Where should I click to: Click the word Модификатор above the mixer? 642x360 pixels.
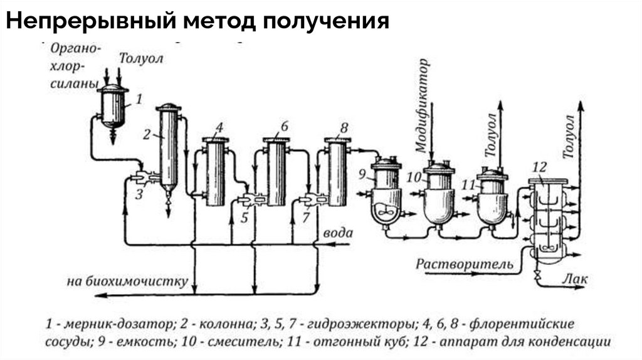(x=423, y=105)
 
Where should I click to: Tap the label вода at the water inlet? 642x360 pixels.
(x=337, y=233)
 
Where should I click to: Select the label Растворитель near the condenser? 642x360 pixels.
(x=465, y=263)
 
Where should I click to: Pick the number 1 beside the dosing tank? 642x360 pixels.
(x=139, y=98)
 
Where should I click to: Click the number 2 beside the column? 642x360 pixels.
(x=147, y=134)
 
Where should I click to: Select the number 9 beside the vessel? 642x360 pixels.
(x=362, y=174)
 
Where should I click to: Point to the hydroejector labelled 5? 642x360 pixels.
(x=247, y=201)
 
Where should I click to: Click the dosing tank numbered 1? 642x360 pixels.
(x=114, y=107)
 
